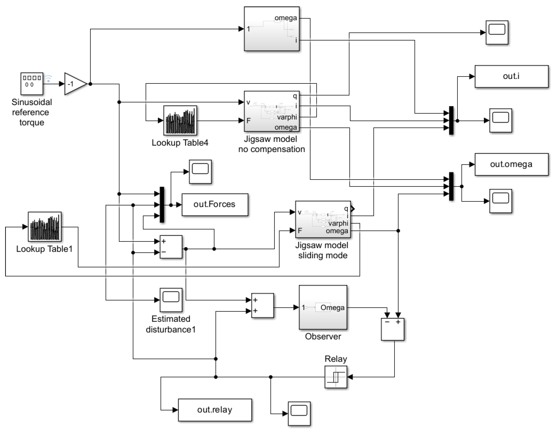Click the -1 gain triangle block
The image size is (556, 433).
74,84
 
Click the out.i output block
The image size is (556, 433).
511,76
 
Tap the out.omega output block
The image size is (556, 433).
511,164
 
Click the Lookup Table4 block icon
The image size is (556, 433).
180,120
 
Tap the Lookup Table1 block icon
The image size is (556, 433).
44,226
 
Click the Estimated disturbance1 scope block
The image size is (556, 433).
171,300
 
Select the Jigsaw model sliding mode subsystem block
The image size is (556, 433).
323,219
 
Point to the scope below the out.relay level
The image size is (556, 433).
299,413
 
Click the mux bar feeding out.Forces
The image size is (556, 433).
162,205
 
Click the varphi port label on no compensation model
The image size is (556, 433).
287,117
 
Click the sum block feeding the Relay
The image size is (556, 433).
392,329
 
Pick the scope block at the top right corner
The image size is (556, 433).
497,33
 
